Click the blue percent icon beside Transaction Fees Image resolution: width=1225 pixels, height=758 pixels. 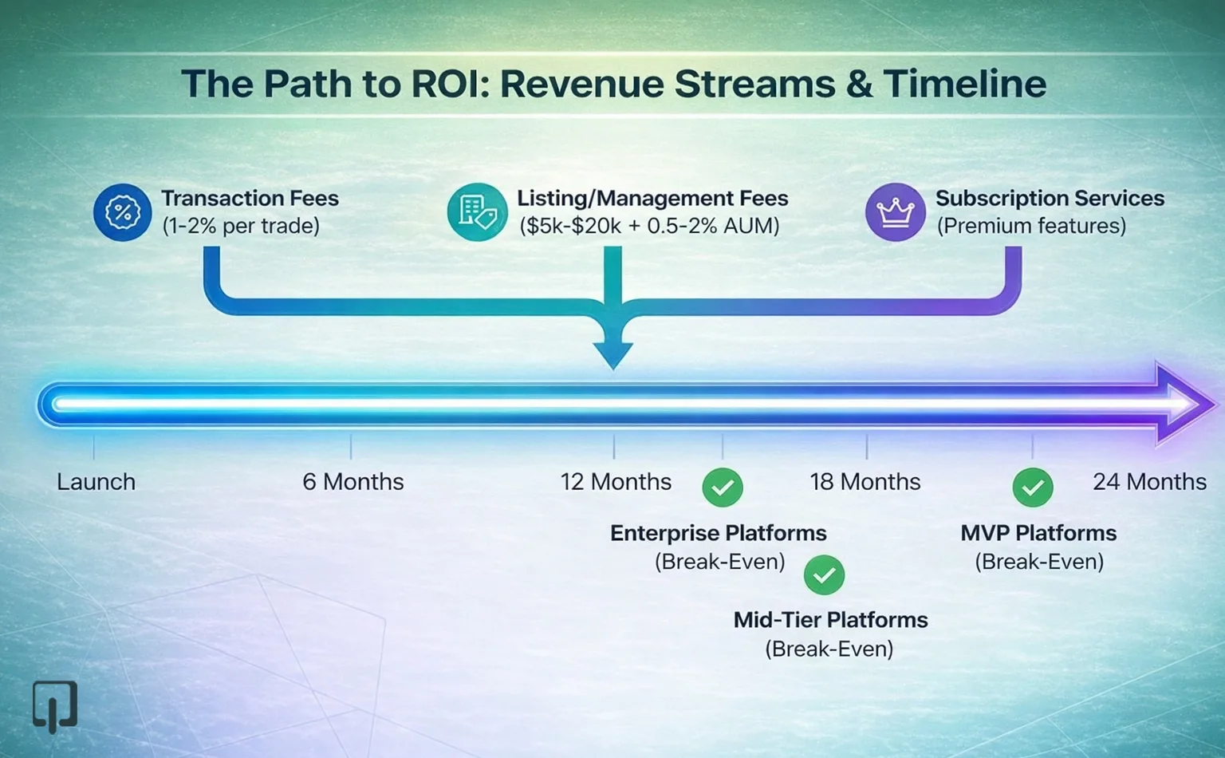[x=122, y=212]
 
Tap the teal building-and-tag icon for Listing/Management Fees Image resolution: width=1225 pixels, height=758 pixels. [x=477, y=212]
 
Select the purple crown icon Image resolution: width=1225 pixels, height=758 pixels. [x=895, y=212]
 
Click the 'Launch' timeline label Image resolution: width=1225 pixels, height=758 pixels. [x=96, y=482]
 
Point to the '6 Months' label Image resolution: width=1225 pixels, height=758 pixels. [x=353, y=482]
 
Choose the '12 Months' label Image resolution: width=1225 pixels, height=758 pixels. [x=615, y=482]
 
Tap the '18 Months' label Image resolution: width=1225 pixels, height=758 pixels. [x=865, y=482]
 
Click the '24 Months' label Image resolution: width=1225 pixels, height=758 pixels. [x=1148, y=482]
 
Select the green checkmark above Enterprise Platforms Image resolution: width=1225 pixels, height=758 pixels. [x=723, y=488]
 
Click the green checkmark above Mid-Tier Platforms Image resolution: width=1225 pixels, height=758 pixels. [x=824, y=574]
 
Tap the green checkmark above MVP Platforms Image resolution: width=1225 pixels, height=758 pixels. [x=1033, y=488]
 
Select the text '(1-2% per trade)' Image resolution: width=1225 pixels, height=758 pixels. [x=241, y=226]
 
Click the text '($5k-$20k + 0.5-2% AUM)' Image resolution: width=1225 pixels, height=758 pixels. [x=649, y=226]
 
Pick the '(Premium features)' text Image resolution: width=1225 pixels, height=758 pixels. [x=1031, y=226]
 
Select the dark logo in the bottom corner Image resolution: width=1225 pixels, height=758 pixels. [x=54, y=705]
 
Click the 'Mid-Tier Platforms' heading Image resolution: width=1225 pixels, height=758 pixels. [x=830, y=620]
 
